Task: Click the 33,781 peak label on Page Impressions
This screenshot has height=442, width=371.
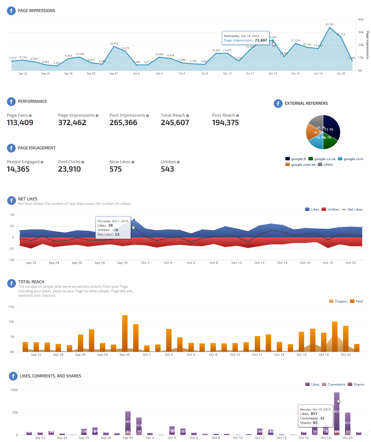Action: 330,25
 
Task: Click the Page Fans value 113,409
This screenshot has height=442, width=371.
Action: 20,123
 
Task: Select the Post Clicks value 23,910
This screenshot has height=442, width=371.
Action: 69,169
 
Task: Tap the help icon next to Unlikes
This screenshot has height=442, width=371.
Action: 178,162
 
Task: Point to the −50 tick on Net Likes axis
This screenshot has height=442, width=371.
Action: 11,260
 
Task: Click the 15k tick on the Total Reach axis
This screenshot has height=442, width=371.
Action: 11,307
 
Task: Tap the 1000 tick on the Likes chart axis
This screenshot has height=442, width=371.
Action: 14,390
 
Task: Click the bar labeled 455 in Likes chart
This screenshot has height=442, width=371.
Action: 348,423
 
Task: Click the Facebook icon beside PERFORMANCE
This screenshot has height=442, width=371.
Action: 11,101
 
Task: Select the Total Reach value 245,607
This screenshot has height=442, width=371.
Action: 175,123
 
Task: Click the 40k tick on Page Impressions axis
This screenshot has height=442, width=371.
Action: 361,19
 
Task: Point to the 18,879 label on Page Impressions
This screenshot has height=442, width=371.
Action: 114,44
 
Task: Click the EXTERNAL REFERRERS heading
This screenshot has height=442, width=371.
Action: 306,103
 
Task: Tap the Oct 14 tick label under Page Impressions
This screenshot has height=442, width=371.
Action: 273,74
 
